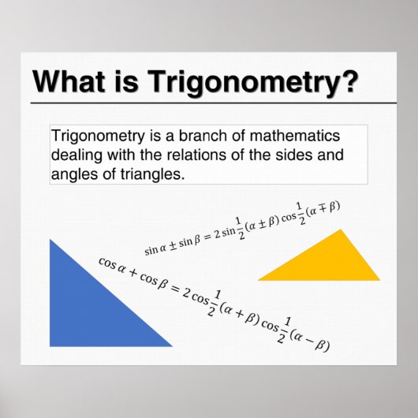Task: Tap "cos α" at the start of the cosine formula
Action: [x=111, y=265]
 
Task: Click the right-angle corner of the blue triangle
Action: [x=52, y=344]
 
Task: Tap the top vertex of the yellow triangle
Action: [x=341, y=230]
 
